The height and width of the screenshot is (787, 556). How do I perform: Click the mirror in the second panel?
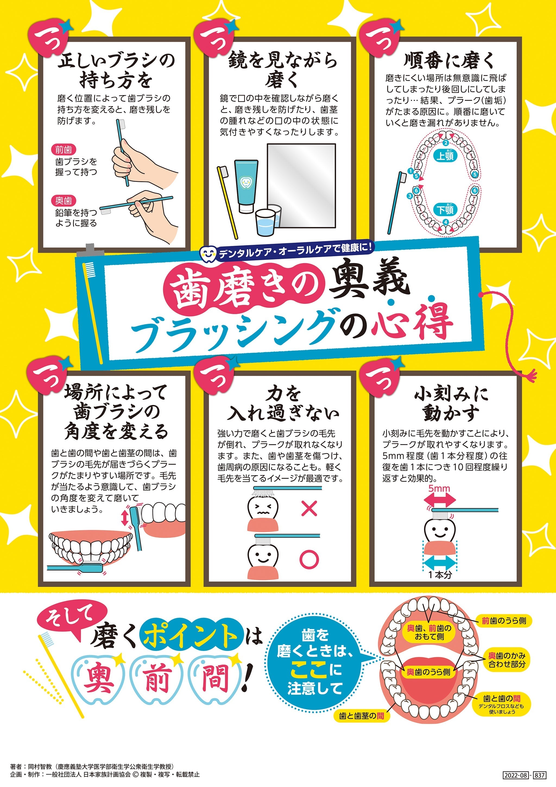(x=301, y=185)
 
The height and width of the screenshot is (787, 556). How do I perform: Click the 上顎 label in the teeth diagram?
(x=445, y=156)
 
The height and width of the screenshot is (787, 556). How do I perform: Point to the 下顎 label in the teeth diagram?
(x=445, y=209)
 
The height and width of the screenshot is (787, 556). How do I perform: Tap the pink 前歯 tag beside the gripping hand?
(x=64, y=150)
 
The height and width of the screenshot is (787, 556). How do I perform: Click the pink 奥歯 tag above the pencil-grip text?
(x=64, y=201)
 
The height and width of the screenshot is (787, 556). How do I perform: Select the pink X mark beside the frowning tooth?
(x=309, y=508)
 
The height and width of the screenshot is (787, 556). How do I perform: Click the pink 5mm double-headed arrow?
(x=440, y=501)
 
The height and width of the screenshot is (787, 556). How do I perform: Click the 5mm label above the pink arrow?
(x=439, y=488)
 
